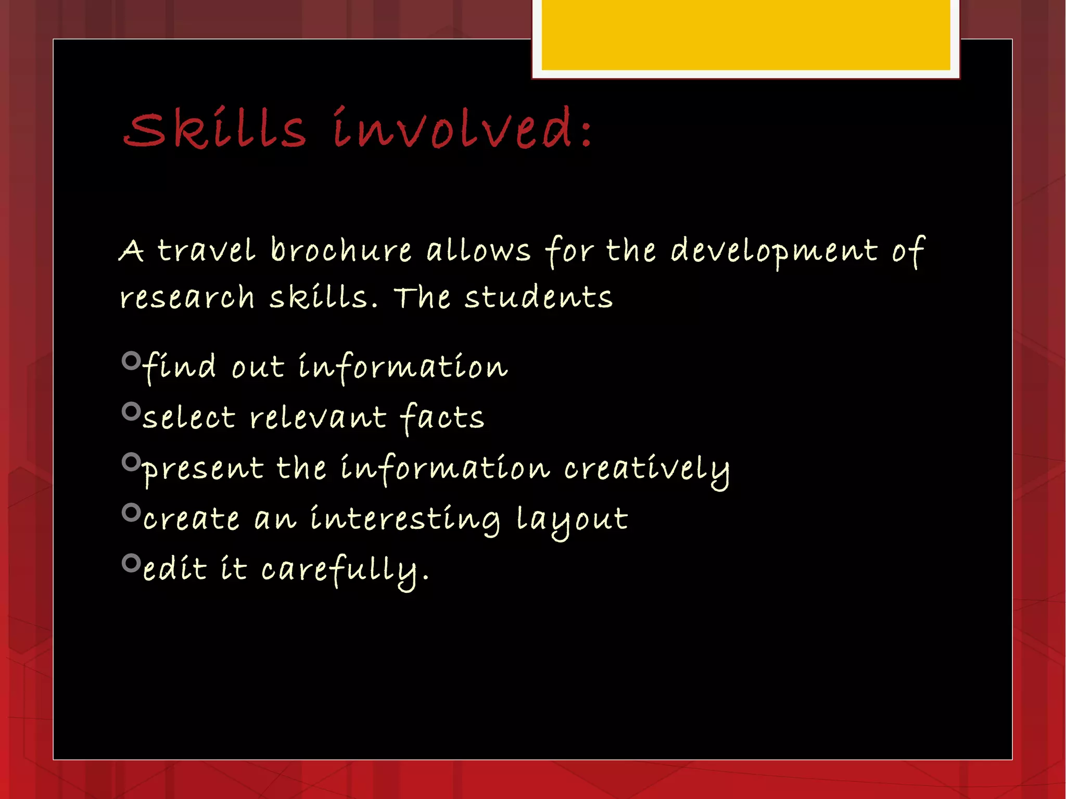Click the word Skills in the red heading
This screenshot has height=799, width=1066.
pos(214,129)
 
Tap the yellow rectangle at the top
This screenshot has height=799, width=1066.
pos(745,35)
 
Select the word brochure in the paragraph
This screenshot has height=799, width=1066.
pos(341,250)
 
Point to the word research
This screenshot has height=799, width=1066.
pos(187,298)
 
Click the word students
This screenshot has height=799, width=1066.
pos(538,298)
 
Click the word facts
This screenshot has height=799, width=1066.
pos(442,418)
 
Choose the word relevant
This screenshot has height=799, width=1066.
pos(318,418)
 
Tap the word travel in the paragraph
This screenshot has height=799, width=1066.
pos(206,250)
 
